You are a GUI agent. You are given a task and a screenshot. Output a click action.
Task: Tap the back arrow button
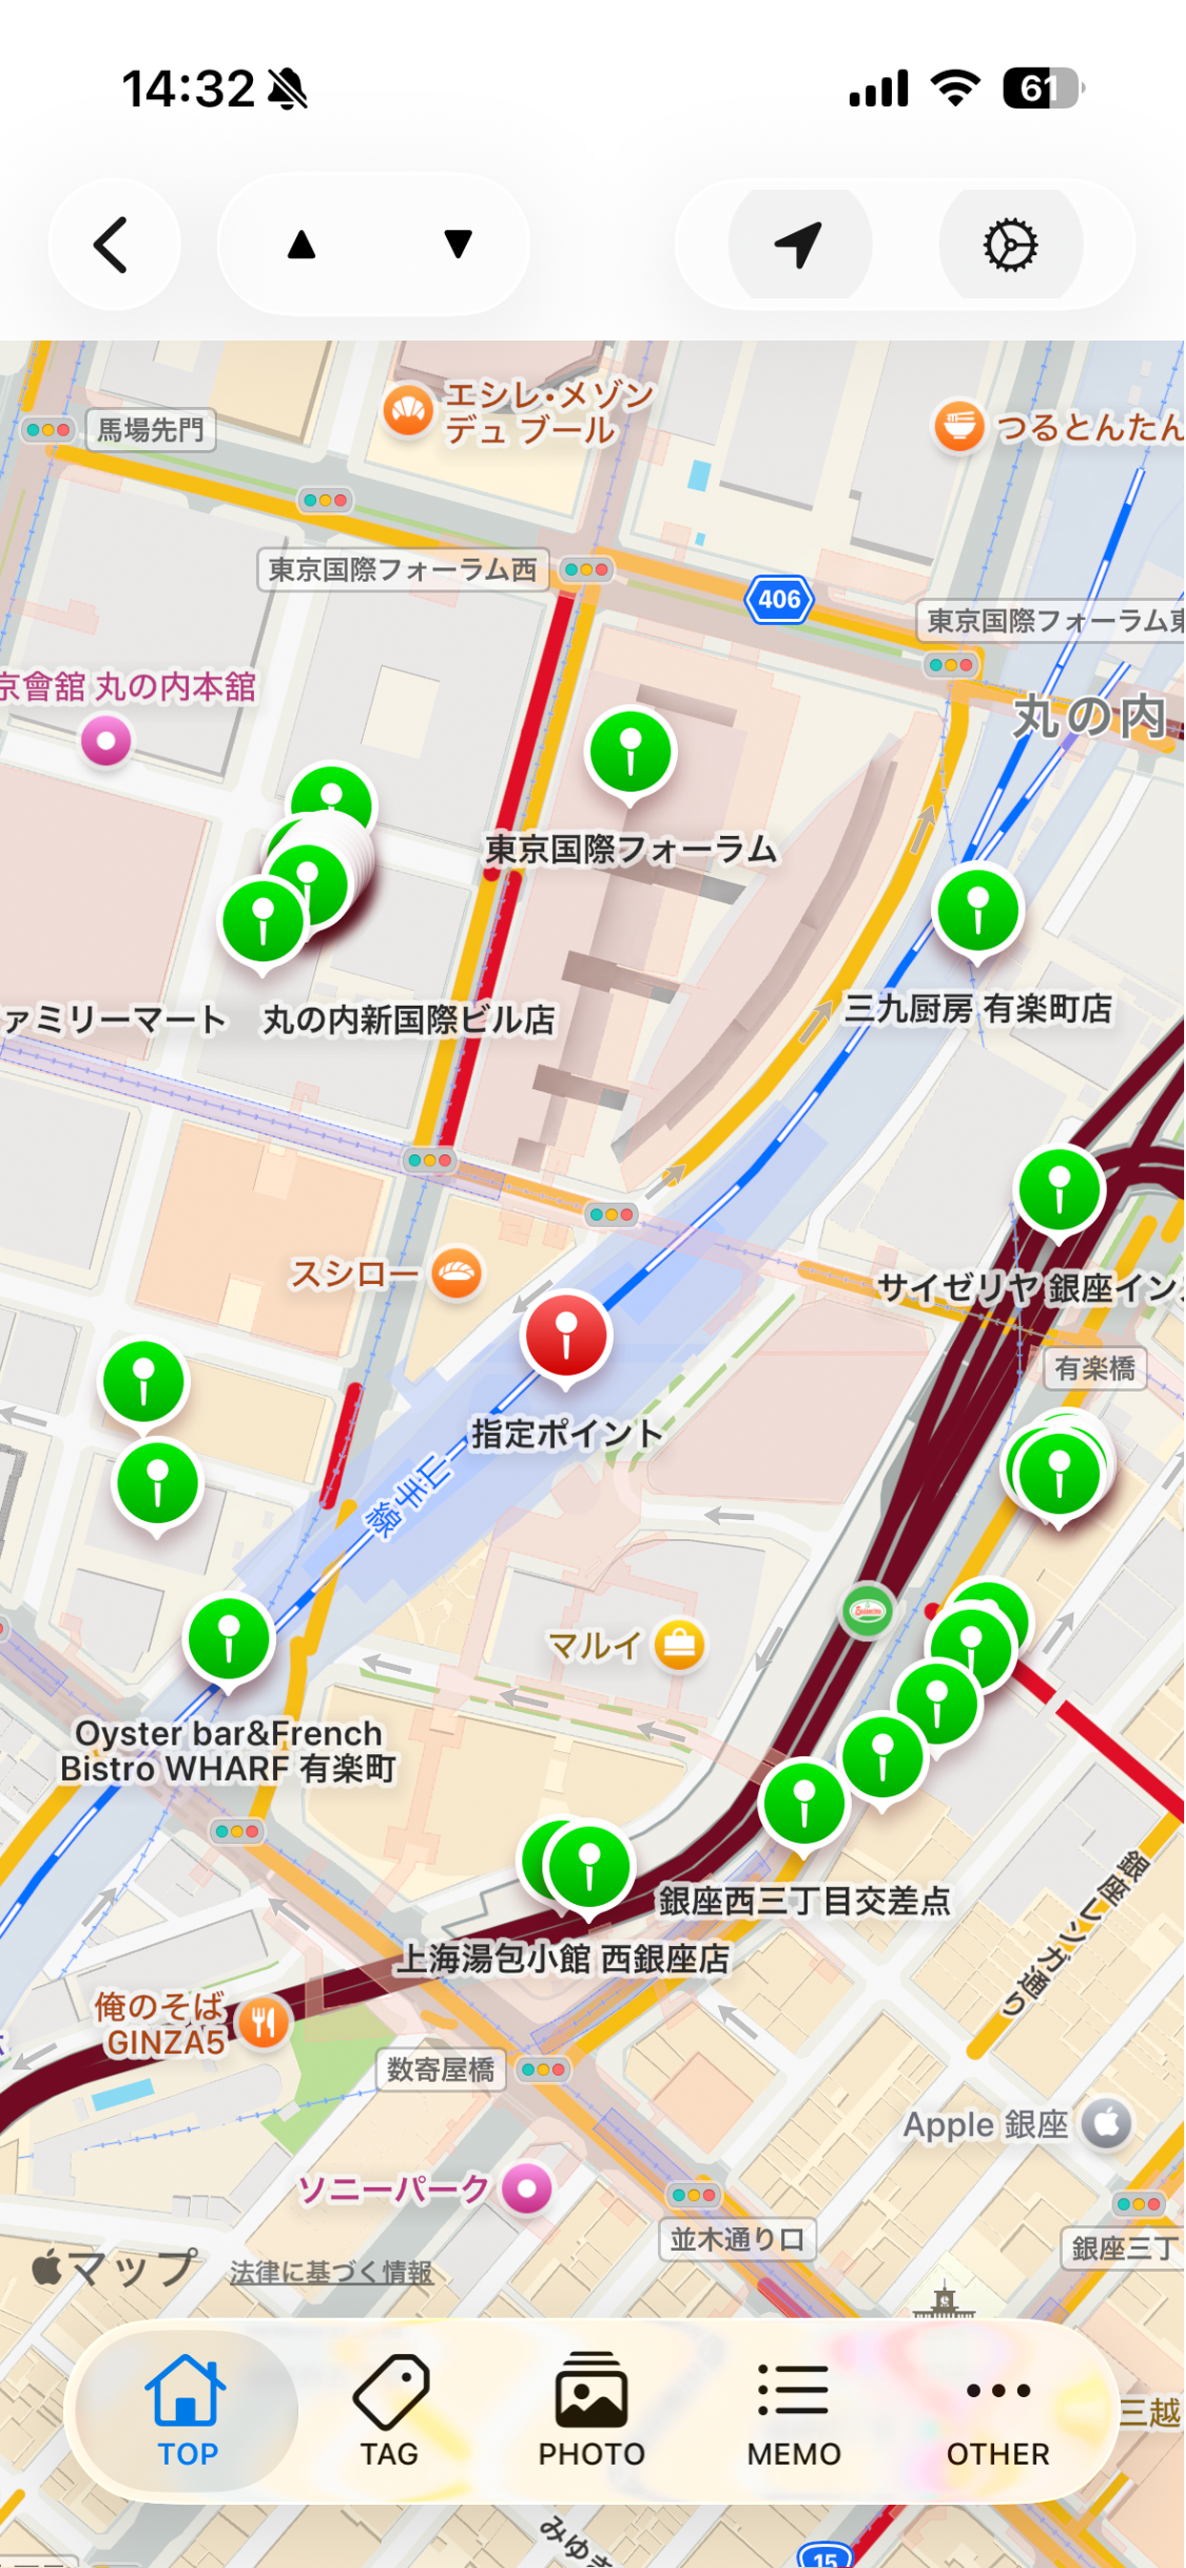point(113,245)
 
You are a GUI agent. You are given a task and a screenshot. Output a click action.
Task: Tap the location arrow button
point(799,245)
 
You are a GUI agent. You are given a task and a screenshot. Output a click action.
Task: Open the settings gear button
point(1010,245)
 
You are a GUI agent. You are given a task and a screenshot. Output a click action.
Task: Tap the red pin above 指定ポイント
point(566,1336)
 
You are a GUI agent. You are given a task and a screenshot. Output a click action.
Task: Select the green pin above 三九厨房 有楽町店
point(978,910)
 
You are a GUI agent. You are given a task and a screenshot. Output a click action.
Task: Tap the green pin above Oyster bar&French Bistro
point(229,1638)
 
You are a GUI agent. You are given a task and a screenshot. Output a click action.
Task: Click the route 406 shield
point(779,599)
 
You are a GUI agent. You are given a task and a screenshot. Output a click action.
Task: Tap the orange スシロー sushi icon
point(457,1273)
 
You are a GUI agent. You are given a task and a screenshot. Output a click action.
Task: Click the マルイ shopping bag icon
point(680,1645)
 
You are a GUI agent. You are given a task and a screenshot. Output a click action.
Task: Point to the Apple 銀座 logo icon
point(1108,2124)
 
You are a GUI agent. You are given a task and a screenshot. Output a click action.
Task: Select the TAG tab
point(390,2410)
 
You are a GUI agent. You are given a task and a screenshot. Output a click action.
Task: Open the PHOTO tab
point(592,2410)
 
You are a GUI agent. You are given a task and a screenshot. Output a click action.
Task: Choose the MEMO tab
point(794,2410)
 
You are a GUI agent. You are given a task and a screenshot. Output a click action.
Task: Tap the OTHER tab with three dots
point(998,2410)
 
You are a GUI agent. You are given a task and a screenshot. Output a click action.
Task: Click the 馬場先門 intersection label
point(151,430)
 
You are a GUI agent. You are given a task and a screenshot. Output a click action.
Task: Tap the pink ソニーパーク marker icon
point(527,2189)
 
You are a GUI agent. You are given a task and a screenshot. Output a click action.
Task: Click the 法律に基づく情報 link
point(331,2272)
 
